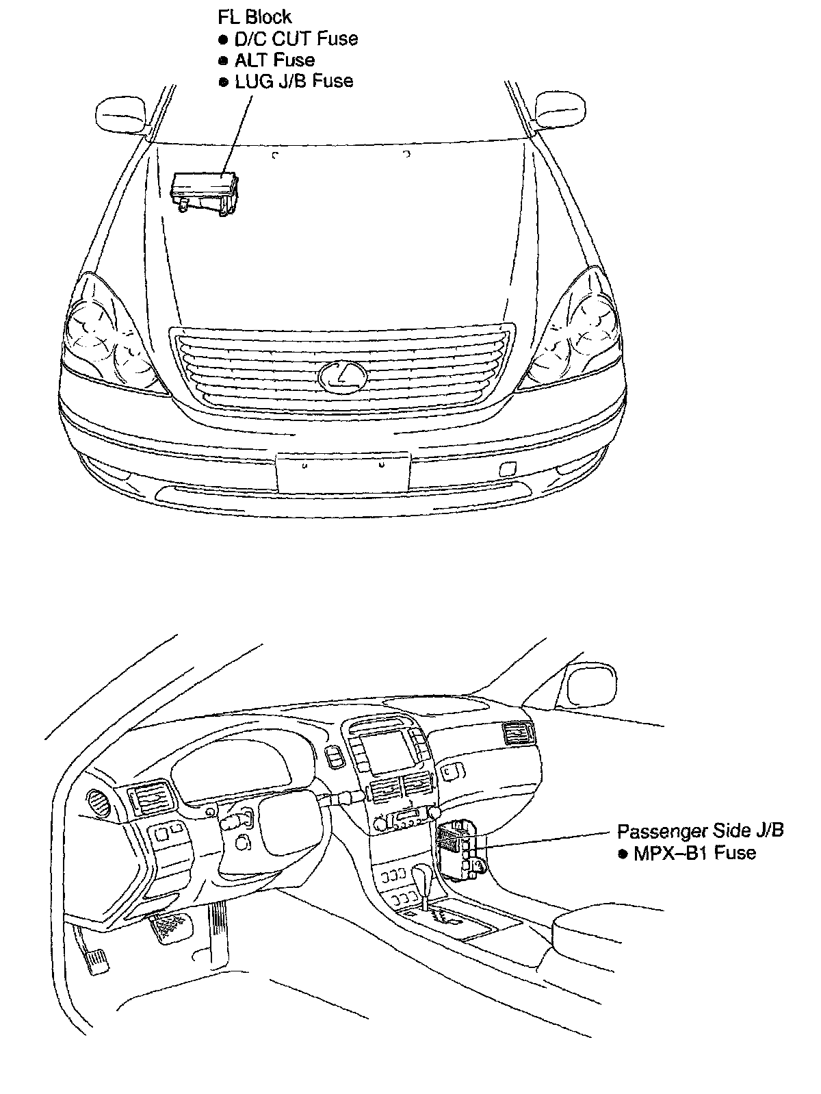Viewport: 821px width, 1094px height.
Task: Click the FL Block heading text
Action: [255, 17]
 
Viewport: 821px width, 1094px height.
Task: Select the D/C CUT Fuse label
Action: [296, 38]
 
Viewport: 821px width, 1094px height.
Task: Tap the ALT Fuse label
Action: [274, 60]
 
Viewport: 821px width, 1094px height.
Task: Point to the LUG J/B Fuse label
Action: [294, 81]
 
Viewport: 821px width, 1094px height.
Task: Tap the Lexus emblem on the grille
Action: [341, 377]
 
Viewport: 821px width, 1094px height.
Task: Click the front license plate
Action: [343, 471]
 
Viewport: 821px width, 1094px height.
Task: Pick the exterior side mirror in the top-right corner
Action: [560, 109]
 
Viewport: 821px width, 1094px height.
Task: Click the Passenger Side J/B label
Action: [700, 831]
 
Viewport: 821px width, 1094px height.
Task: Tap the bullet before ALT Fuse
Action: [223, 61]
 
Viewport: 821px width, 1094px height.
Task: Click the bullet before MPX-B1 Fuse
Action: [622, 854]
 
